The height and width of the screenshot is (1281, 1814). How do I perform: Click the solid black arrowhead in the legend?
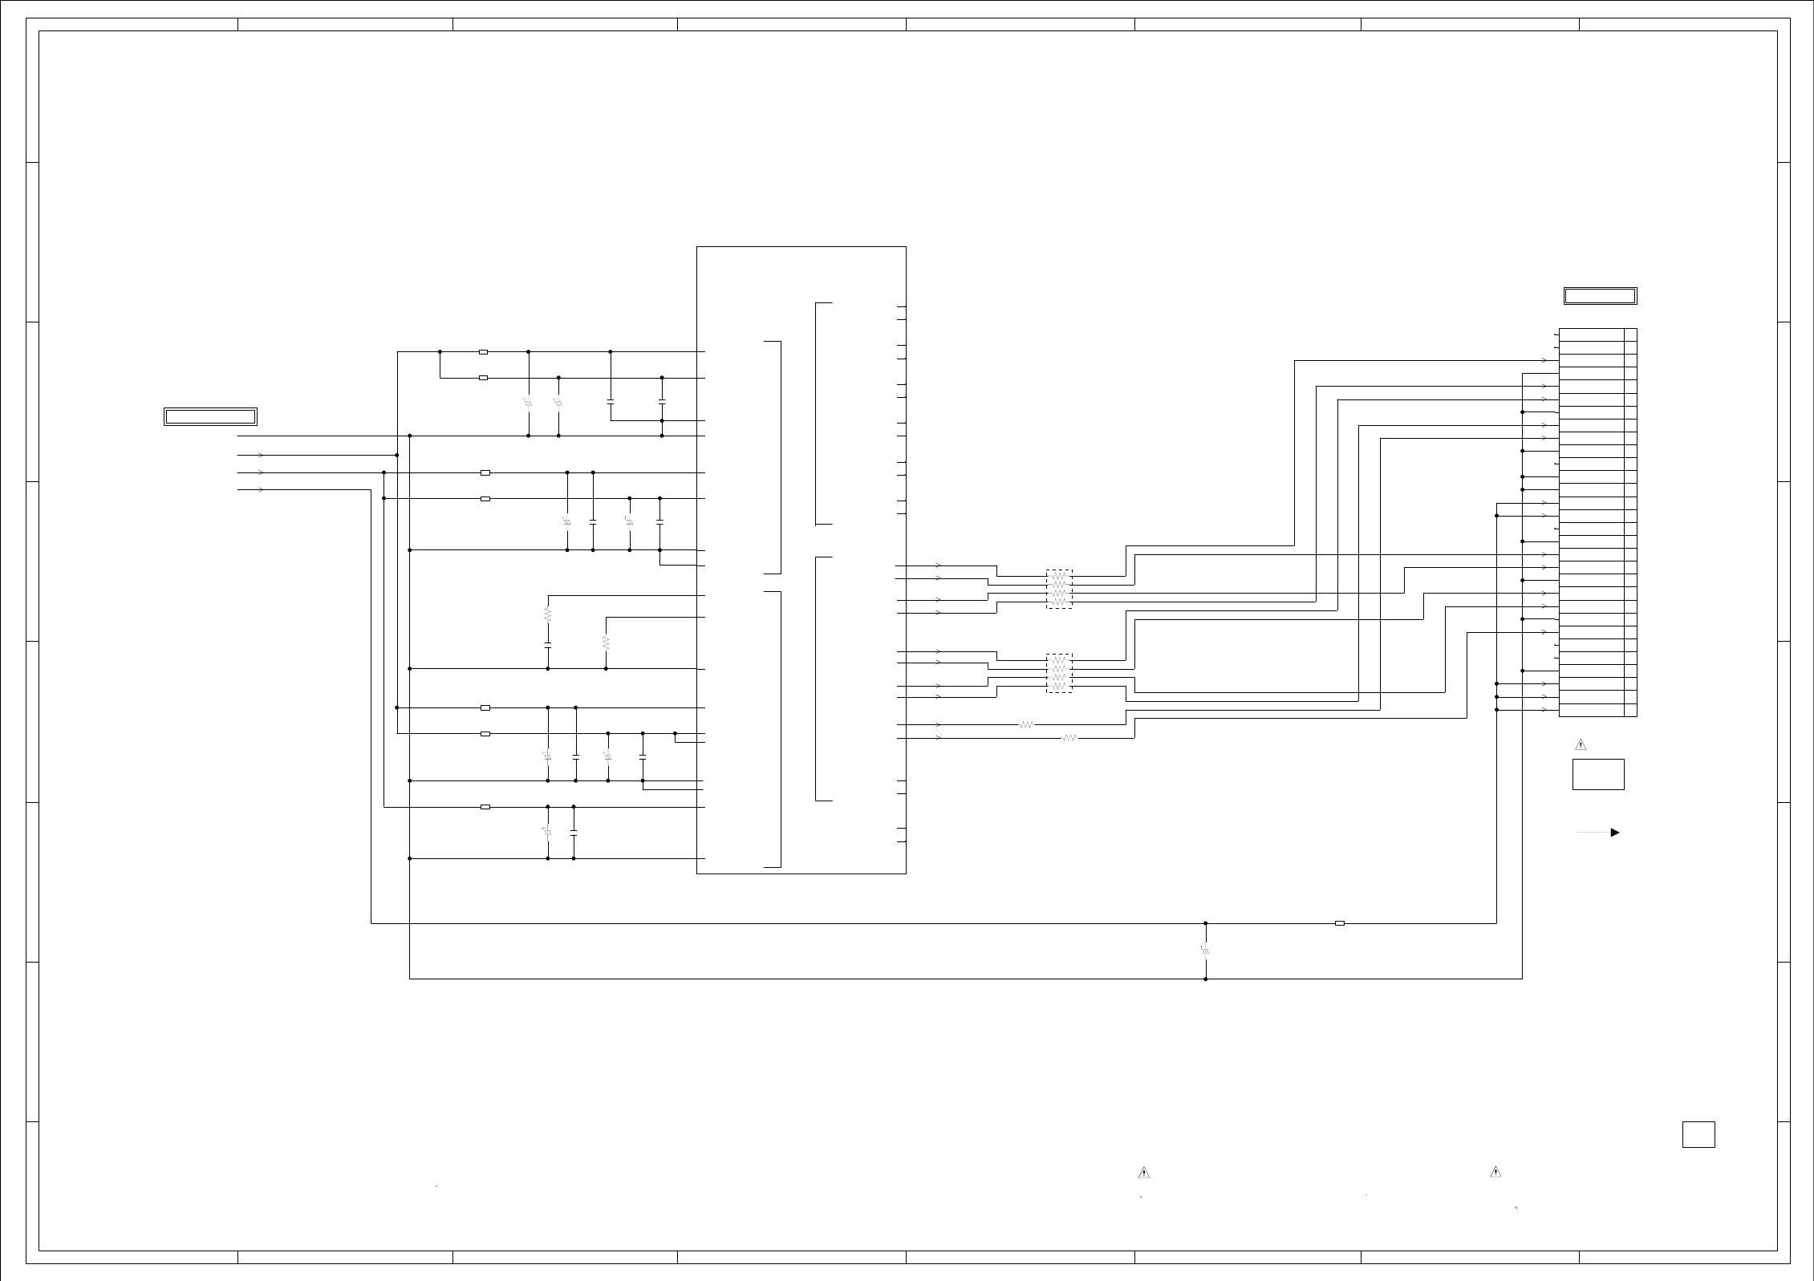tap(1615, 833)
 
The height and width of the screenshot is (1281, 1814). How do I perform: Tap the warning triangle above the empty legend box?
tap(1581, 745)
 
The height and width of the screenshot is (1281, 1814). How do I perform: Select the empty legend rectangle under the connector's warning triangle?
tap(1598, 774)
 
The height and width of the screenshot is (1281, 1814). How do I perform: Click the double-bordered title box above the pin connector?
tap(1600, 296)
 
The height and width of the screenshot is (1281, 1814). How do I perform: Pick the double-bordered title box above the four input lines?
tap(210, 416)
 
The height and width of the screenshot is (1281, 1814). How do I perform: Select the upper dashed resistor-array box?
tap(1059, 590)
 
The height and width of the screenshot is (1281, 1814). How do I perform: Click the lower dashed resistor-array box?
tap(1059, 673)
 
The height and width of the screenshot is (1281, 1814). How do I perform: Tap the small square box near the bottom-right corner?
tap(1698, 1134)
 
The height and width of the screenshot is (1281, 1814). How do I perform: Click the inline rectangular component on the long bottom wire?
tap(1340, 923)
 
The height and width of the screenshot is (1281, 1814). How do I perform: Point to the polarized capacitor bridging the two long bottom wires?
tap(1205, 951)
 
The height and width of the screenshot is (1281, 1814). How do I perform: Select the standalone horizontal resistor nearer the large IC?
tap(1027, 725)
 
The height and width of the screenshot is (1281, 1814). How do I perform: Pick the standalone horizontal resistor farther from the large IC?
tap(1069, 738)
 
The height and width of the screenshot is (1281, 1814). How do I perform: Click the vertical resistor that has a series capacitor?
tap(548, 615)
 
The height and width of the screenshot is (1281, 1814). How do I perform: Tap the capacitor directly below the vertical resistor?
tap(548, 644)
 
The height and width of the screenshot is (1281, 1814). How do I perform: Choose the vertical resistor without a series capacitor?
tap(606, 643)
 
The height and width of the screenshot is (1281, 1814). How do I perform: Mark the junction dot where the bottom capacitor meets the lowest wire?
tap(1205, 979)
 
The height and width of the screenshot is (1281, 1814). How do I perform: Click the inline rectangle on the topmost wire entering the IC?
tap(483, 351)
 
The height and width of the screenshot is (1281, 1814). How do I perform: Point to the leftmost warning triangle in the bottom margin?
tap(1144, 1174)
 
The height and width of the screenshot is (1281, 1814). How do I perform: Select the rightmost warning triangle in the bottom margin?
tap(1495, 1172)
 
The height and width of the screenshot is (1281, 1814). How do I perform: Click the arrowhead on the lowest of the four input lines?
tap(262, 489)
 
